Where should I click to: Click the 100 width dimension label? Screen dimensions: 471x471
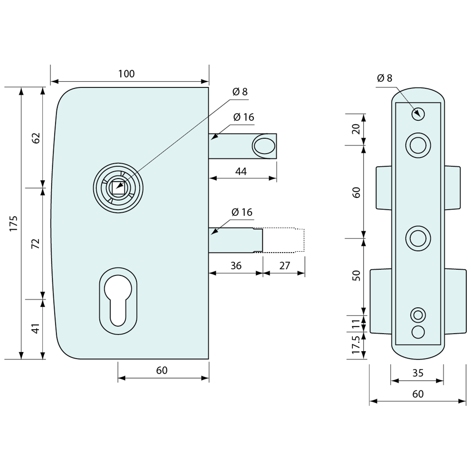tap(126, 74)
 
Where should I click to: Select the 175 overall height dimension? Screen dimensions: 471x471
tap(13, 223)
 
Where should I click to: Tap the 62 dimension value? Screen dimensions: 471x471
tap(36, 138)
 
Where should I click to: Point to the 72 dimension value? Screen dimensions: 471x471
tap(36, 244)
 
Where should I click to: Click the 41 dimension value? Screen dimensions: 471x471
tap(36, 328)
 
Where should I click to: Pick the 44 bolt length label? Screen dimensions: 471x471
tap(241, 171)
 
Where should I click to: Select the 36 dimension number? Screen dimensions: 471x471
tap(236, 265)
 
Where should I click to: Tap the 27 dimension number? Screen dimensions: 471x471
tap(284, 265)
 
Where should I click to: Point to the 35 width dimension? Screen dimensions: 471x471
tap(417, 373)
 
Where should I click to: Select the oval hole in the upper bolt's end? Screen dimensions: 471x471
tap(264, 146)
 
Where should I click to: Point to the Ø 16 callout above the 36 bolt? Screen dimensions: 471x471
tap(242, 212)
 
